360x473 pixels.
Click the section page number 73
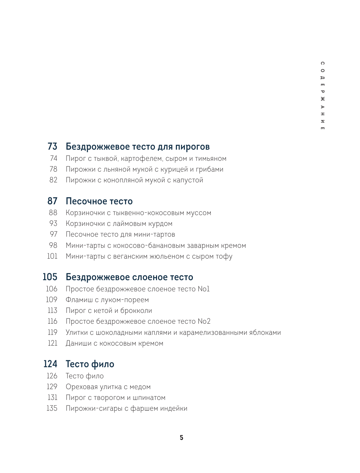click(x=52, y=147)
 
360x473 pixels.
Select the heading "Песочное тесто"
click(x=99, y=201)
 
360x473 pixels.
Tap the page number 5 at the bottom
click(x=181, y=437)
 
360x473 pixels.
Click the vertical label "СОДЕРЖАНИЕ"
click(x=322, y=96)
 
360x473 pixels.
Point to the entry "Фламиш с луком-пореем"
click(x=107, y=300)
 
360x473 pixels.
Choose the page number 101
click(x=52, y=256)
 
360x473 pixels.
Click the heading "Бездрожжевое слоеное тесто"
click(x=129, y=277)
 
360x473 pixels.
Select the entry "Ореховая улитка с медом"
click(x=108, y=387)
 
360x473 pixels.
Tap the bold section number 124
click(x=50, y=364)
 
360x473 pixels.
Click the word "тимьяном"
click(x=210, y=159)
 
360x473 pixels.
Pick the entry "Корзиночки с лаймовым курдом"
click(x=119, y=223)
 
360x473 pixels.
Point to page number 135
click(x=52, y=408)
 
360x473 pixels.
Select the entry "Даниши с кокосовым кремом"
click(x=114, y=343)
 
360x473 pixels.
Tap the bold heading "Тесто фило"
click(x=90, y=364)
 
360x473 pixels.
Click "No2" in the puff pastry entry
click(x=204, y=321)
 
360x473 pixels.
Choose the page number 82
click(x=53, y=180)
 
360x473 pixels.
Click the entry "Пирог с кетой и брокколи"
click(x=109, y=310)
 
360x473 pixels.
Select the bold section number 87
click(x=52, y=201)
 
